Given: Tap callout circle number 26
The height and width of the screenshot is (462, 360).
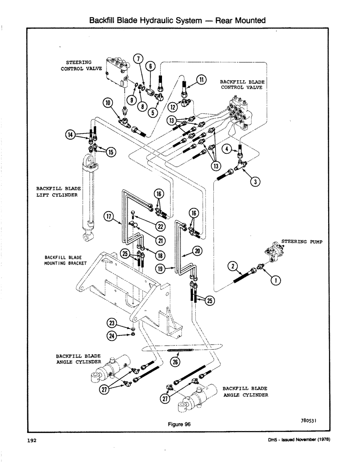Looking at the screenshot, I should pyautogui.click(x=175, y=362).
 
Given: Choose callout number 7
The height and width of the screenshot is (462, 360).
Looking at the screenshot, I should pyautogui.click(x=137, y=58).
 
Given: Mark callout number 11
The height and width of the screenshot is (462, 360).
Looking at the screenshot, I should pyautogui.click(x=202, y=79).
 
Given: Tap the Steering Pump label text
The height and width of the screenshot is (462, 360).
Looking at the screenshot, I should pyautogui.click(x=300, y=241).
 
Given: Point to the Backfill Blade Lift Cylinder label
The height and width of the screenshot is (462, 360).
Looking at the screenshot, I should pyautogui.click(x=57, y=192).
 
